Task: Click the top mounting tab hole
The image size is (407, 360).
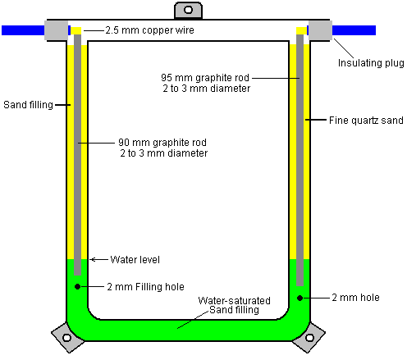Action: pos(188,10)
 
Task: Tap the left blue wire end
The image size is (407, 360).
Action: pos(2,30)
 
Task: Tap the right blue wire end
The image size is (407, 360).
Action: pos(375,30)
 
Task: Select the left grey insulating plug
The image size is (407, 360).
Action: pos(57,30)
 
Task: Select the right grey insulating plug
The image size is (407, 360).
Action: pos(320,30)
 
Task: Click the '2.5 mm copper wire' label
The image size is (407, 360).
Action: pos(149,30)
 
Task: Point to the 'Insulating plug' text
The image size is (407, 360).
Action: pos(371,63)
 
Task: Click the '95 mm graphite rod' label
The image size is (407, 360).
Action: pos(205,78)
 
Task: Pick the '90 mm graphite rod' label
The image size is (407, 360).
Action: pos(162,143)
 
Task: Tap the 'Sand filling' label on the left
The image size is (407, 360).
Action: pos(28,105)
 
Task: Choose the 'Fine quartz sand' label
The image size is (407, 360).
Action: pos(366,121)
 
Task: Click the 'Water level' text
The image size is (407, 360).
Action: pos(135,260)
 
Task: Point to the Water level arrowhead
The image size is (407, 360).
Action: pos(91,259)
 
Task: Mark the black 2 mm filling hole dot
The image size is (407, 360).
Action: pos(77,286)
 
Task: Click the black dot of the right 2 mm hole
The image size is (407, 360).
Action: pos(300,298)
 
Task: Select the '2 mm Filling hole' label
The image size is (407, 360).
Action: pos(145,287)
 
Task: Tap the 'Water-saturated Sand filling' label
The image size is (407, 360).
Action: pos(234,305)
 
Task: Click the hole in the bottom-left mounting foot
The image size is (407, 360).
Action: pos(66,338)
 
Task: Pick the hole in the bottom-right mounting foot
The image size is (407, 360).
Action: pos(309,338)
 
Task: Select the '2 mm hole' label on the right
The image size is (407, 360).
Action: pos(355,298)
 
